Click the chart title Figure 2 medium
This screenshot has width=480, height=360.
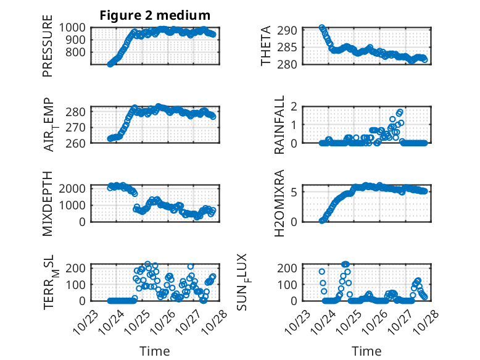155,15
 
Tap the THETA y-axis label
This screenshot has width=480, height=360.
265,47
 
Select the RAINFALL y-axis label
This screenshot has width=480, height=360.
279,125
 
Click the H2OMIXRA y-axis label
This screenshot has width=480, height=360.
279,203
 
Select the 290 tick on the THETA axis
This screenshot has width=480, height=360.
291,30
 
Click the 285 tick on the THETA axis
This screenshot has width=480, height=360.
291,47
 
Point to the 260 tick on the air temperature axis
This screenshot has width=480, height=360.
78,143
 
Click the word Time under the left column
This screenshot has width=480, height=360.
155,351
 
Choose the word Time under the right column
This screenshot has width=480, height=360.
366,351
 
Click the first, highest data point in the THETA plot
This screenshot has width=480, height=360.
322,28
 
